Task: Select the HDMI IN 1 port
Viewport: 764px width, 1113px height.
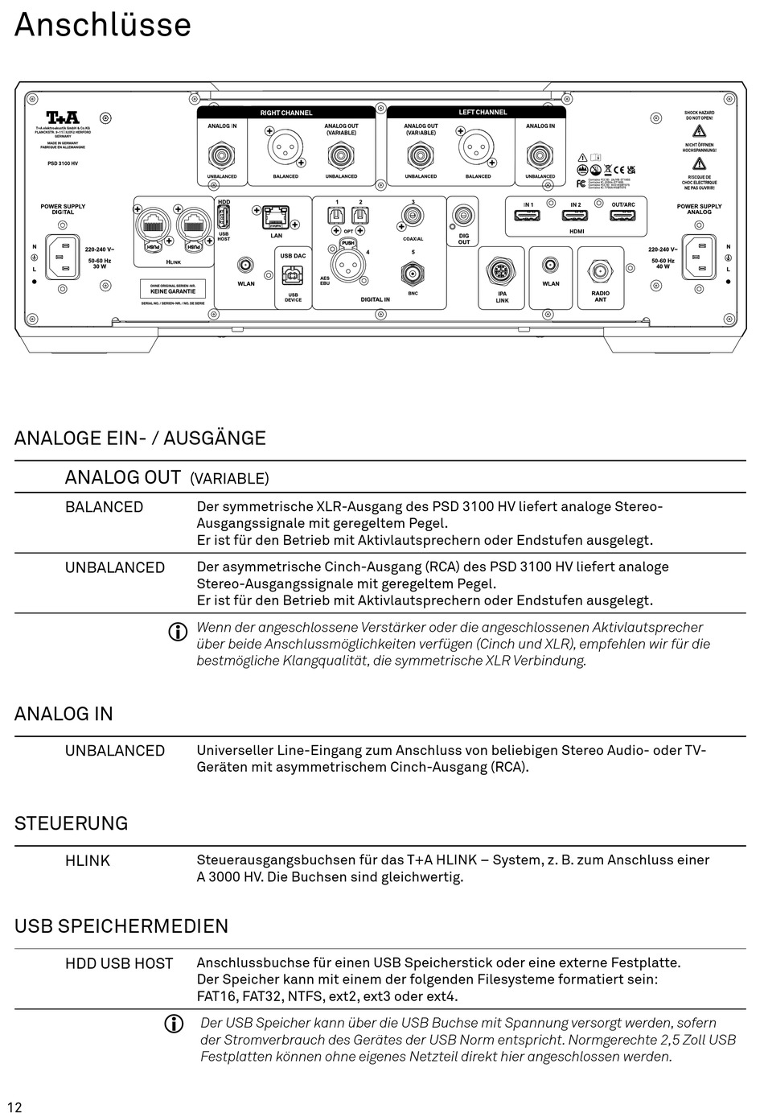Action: [x=528, y=216]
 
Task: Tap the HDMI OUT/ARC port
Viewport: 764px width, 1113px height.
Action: [x=622, y=216]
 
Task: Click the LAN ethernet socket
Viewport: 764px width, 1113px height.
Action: [x=276, y=216]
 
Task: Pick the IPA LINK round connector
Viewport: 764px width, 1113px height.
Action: [x=502, y=271]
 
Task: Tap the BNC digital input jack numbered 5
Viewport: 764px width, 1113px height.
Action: [x=413, y=273]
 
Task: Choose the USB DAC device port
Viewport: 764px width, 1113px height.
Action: [x=293, y=276]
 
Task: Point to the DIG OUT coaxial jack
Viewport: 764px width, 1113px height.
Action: [x=463, y=216]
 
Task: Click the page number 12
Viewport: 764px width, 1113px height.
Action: [x=14, y=1107]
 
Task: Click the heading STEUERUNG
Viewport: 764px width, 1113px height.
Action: [x=72, y=823]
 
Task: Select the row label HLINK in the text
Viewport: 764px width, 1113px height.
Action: [x=88, y=860]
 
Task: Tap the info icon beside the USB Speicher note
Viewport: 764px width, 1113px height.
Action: [x=174, y=1024]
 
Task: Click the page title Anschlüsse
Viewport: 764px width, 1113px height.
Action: [x=103, y=25]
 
